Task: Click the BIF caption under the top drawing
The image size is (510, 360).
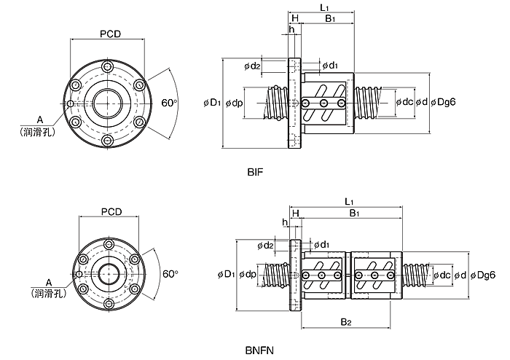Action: point(255,172)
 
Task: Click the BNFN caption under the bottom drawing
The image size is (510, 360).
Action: point(259,351)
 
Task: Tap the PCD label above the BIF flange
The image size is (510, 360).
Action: point(110,34)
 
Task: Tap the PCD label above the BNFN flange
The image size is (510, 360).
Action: point(111,212)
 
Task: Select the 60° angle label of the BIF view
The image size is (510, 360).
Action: point(170,103)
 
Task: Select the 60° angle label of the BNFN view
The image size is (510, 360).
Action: point(170,274)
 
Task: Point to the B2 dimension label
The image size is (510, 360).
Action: point(346,322)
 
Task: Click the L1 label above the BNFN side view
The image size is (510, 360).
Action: point(349,202)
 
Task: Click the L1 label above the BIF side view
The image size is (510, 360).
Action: point(324,7)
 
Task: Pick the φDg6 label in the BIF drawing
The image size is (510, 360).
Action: point(443,102)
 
